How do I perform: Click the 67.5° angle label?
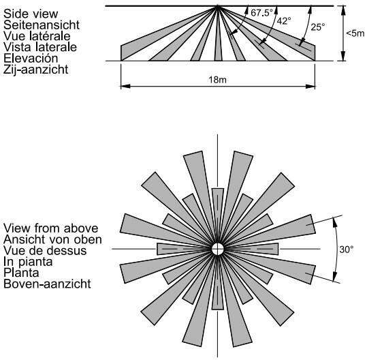tap(261, 13)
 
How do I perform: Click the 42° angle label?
tap(284, 21)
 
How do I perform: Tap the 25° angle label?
tap(318, 27)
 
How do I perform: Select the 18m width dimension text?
tap(217, 80)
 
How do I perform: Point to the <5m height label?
tap(355, 33)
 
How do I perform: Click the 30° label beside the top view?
tap(347, 250)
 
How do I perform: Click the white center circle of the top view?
tap(218, 249)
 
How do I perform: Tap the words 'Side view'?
tap(31, 14)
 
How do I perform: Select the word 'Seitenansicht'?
tap(42, 25)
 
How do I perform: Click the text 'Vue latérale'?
tap(37, 36)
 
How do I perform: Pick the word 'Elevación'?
tap(31, 58)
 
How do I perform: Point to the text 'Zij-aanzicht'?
tap(36, 70)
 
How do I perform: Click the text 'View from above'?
tap(51, 228)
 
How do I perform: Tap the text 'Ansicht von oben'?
tap(52, 239)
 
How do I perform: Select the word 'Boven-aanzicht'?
tap(47, 284)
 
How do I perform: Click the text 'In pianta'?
tap(28, 262)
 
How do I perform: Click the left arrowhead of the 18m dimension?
tap(125, 87)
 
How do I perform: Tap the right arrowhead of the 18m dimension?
tap(311, 87)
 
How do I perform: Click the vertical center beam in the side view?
tap(218, 35)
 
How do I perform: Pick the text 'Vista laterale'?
tap(40, 47)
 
